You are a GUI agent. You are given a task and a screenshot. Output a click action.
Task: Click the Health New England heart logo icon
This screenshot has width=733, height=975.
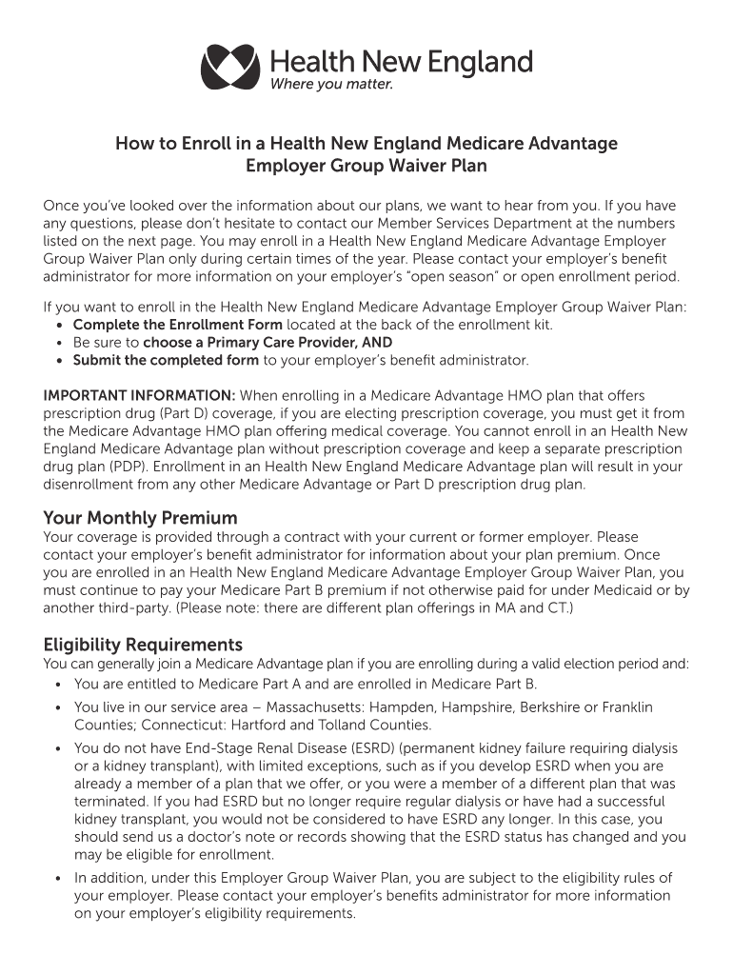tap(229, 67)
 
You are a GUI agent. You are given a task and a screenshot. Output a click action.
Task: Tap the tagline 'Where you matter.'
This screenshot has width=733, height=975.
tap(331, 84)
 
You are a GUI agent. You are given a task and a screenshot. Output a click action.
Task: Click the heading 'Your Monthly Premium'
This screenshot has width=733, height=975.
tap(140, 518)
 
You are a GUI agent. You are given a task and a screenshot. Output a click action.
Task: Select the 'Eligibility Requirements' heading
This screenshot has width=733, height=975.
tap(143, 645)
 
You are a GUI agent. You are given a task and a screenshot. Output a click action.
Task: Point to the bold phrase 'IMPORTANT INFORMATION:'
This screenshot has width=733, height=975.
tap(140, 395)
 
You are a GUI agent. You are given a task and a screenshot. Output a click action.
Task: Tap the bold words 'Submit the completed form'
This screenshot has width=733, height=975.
tap(166, 360)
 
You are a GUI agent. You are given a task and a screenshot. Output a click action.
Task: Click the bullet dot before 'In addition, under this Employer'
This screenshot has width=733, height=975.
tap(59, 879)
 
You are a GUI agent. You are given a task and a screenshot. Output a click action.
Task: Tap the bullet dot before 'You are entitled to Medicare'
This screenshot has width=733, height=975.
tap(59, 685)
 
